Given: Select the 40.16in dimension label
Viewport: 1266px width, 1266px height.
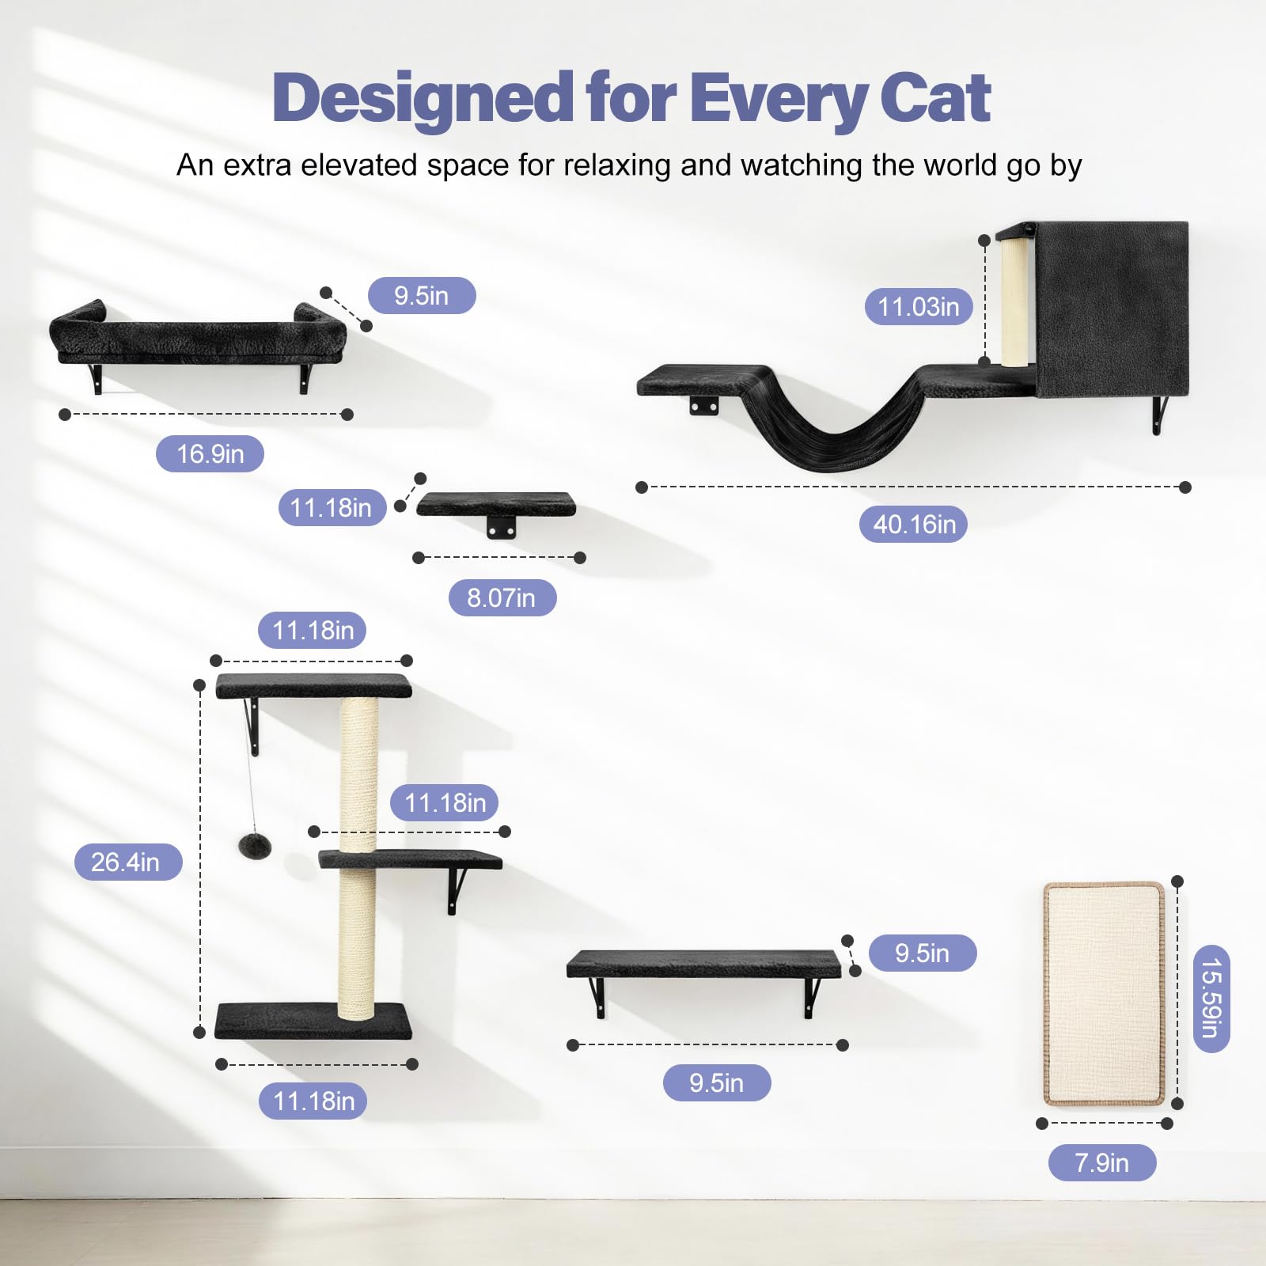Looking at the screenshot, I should click(914, 524).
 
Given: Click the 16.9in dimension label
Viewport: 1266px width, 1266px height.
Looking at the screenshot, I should click(210, 453).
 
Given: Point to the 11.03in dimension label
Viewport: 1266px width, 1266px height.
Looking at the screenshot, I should click(918, 306).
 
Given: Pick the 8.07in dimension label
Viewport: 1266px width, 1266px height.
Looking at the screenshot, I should click(502, 597).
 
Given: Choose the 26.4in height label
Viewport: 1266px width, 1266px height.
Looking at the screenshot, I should click(127, 862).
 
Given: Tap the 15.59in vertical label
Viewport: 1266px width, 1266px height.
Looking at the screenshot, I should click(1211, 998).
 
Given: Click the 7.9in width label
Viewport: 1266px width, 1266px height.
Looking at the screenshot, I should click(1101, 1162).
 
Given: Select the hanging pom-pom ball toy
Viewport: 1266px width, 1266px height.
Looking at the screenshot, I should click(255, 845).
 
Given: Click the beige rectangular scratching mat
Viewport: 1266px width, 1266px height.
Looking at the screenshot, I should click(1104, 992).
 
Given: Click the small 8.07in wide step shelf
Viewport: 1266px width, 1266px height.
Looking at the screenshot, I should click(496, 504).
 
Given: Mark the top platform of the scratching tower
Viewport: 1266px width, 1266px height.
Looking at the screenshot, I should click(313, 685).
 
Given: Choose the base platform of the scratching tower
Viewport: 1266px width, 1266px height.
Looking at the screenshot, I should click(313, 1021).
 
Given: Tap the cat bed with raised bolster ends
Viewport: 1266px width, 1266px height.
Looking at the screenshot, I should click(198, 336).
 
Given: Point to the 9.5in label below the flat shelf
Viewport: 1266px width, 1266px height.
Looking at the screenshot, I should click(716, 1082).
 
